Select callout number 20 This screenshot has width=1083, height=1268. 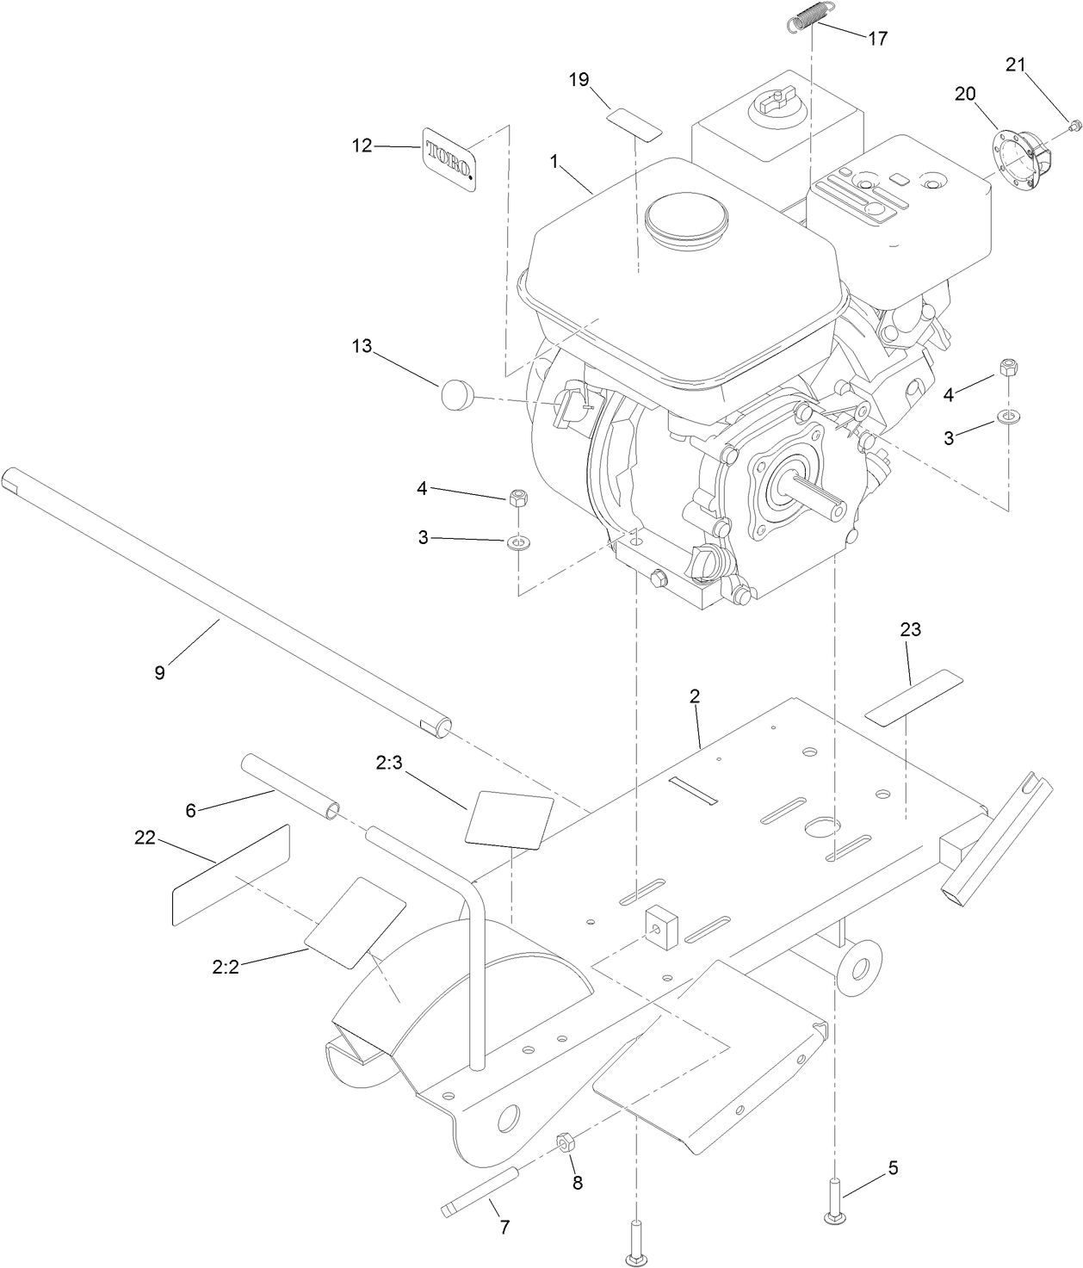[x=965, y=94]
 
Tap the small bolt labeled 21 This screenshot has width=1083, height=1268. [x=1073, y=127]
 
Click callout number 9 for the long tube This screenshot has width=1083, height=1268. [x=159, y=672]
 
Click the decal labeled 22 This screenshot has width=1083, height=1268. [x=230, y=874]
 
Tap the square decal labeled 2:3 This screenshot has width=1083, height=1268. [x=509, y=818]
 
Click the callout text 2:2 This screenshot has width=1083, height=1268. [x=225, y=967]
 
